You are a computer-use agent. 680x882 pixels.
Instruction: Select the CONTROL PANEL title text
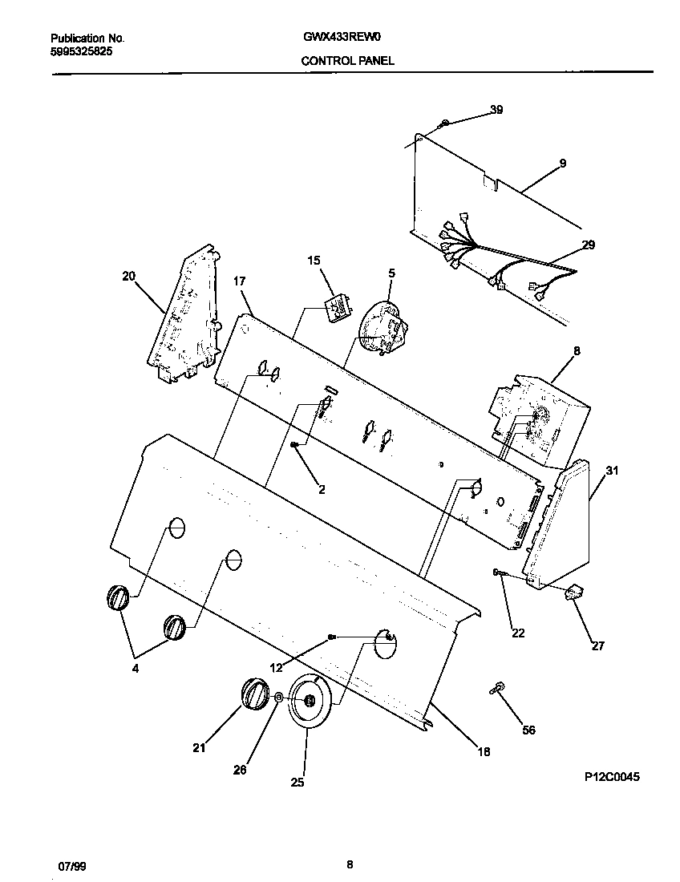point(347,61)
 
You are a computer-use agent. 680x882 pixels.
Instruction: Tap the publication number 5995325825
point(81,51)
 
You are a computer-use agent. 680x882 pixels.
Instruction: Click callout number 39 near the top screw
point(496,110)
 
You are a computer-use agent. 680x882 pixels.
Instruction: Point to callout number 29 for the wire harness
point(588,245)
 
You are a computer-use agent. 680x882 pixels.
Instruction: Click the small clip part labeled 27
point(573,593)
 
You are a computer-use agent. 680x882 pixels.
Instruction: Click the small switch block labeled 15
point(338,307)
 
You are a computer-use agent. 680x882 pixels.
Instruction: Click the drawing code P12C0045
point(613,777)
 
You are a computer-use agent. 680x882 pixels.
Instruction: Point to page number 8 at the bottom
point(349,864)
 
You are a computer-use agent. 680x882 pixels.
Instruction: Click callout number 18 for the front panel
point(484,751)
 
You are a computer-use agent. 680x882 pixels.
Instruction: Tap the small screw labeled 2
point(295,444)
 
